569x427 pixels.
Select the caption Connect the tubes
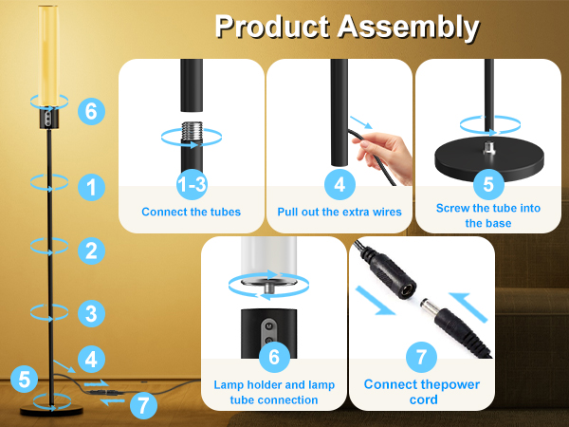[x=191, y=212]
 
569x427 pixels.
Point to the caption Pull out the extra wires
[x=339, y=212]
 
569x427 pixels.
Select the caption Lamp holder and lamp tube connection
[x=273, y=392]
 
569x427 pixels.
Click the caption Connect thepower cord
[x=422, y=392]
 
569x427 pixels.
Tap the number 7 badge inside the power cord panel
[x=422, y=358]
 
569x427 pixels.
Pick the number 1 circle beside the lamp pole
[x=91, y=188]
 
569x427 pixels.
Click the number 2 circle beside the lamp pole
[x=91, y=251]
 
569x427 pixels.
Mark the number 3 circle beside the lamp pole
[x=91, y=312]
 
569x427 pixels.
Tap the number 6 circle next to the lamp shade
[x=91, y=111]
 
